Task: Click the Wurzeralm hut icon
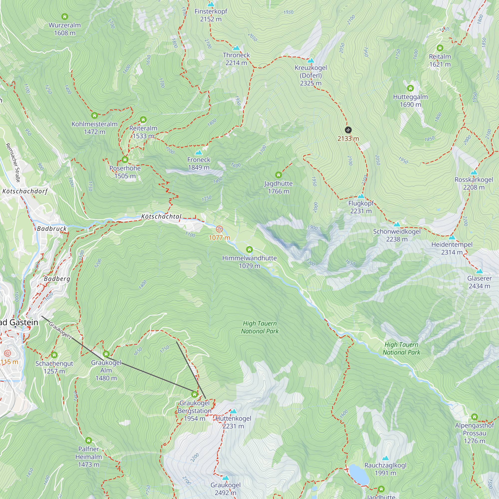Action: tap(65, 17)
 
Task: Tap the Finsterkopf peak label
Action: tap(211, 12)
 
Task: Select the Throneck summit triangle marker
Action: tap(236, 48)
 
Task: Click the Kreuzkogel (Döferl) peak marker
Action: tap(310, 61)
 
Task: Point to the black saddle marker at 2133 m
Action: tap(348, 130)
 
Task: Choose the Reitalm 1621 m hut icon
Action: tap(440, 48)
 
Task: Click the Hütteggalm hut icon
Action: tap(410, 88)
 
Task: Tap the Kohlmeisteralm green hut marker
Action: tap(94, 116)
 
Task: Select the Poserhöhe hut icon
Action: tap(125, 160)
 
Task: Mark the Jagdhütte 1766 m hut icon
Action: tap(278, 175)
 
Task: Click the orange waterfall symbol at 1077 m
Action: tap(219, 229)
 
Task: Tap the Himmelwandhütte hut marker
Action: tap(249, 249)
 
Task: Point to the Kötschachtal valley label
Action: tap(161, 216)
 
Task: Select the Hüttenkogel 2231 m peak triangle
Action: tap(233, 411)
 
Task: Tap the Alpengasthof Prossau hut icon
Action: tap(474, 417)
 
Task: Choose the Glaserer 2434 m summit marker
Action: tap(479, 271)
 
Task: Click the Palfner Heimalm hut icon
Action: tap(88, 440)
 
